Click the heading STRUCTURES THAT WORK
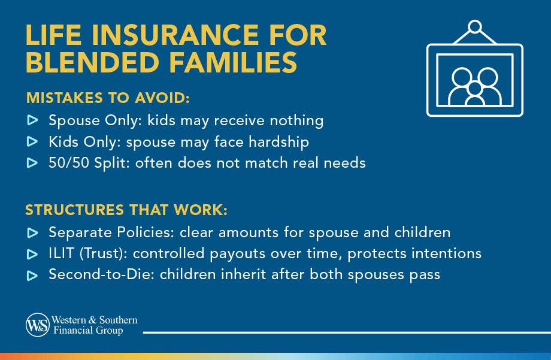tap(127, 210)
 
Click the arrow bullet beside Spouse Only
tap(32, 121)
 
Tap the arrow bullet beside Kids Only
tap(32, 142)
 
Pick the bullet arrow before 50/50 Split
tap(32, 163)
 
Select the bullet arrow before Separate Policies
tap(32, 232)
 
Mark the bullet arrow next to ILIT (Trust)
tap(32, 254)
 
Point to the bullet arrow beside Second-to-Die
tap(32, 276)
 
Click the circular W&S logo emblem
tap(37, 325)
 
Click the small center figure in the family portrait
tap(474, 92)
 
